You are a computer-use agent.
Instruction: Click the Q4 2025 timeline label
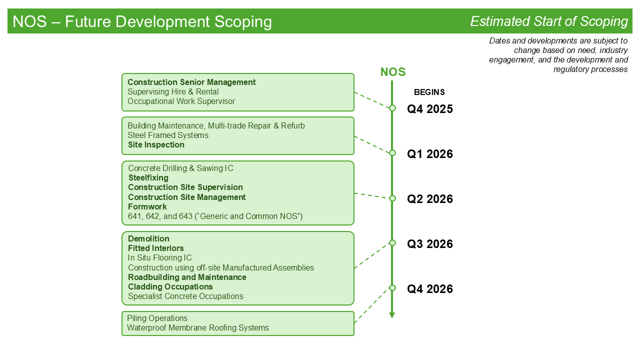pos(429,109)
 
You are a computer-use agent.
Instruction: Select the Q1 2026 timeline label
pos(429,154)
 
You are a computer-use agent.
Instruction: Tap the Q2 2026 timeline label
pos(429,199)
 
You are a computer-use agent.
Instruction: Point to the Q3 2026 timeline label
pos(429,244)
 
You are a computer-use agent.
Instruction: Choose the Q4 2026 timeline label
pos(429,289)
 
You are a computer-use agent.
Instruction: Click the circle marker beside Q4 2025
pos(392,108)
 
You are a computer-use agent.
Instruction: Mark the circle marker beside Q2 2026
pos(392,198)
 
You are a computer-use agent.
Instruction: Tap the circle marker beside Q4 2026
pos(392,288)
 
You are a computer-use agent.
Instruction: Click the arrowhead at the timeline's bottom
pos(392,315)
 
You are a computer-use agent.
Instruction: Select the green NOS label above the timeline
pos(393,72)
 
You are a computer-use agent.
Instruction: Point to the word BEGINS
pos(429,92)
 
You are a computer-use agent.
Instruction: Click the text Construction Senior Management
pos(191,82)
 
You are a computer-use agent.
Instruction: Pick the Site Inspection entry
pos(156,145)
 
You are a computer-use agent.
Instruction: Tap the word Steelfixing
pos(148,177)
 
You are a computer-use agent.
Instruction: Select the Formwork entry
pos(147,206)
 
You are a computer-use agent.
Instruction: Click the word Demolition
pos(148,238)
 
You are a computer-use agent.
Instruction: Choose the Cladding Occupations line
pos(170,286)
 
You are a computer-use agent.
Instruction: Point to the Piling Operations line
pos(157,318)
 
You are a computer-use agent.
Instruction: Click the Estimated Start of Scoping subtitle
pos(549,21)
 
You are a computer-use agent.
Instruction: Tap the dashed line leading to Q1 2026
pos(372,144)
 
